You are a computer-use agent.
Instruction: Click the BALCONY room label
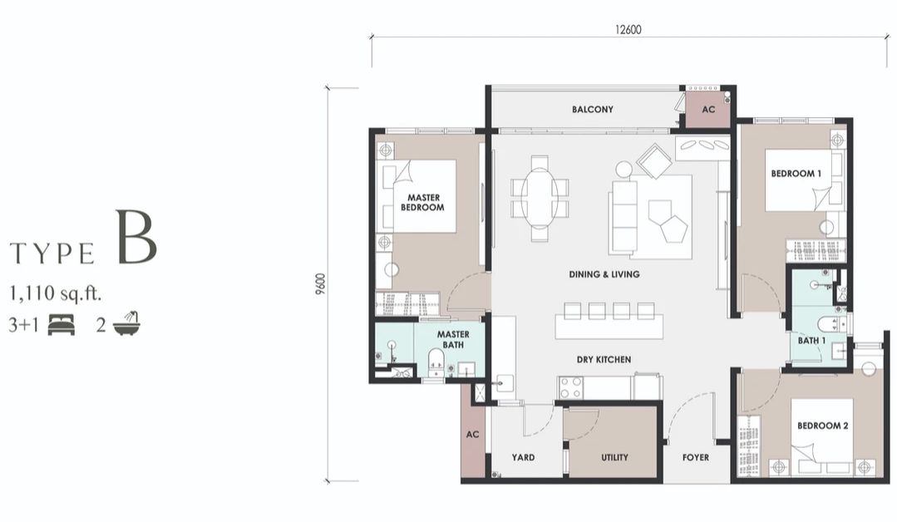click(x=592, y=110)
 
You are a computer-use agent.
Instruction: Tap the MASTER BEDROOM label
click(x=423, y=202)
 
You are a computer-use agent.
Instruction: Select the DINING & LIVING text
click(x=604, y=274)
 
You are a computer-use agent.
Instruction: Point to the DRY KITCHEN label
click(x=604, y=359)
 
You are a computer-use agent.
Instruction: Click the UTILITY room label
click(x=614, y=457)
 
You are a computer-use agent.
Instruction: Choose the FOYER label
click(x=696, y=457)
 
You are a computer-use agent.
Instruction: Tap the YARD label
click(x=523, y=457)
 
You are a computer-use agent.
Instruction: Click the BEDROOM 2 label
click(x=822, y=426)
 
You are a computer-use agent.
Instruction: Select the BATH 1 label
click(x=811, y=340)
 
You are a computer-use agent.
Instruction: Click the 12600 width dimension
click(x=628, y=28)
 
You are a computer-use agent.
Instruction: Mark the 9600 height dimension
click(x=320, y=284)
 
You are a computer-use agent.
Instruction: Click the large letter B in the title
click(x=136, y=239)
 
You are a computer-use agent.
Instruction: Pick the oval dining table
click(x=540, y=197)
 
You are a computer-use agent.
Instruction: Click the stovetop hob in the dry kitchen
click(x=572, y=387)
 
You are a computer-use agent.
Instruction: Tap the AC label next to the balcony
click(x=708, y=110)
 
